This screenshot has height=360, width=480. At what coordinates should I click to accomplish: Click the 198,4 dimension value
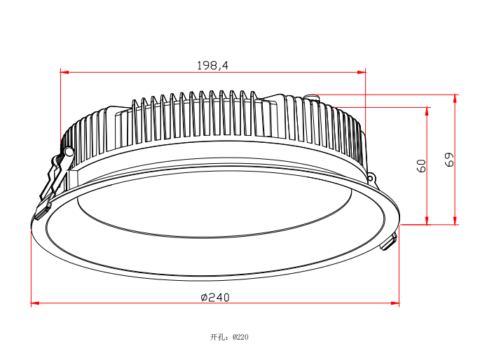(x=212, y=65)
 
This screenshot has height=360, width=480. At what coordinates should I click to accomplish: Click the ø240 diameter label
(x=215, y=297)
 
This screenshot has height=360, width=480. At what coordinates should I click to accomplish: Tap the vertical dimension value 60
(x=422, y=165)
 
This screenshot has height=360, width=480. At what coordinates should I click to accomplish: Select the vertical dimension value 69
(x=449, y=160)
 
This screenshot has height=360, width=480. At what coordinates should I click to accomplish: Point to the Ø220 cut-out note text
(x=240, y=337)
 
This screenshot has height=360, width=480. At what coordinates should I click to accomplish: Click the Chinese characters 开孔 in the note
(x=217, y=337)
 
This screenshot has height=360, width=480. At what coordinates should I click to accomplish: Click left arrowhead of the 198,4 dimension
(x=64, y=72)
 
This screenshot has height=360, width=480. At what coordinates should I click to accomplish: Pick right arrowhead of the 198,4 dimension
(x=362, y=72)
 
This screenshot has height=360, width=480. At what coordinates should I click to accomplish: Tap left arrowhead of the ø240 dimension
(x=35, y=303)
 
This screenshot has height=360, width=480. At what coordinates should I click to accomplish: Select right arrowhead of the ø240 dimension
(x=395, y=303)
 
